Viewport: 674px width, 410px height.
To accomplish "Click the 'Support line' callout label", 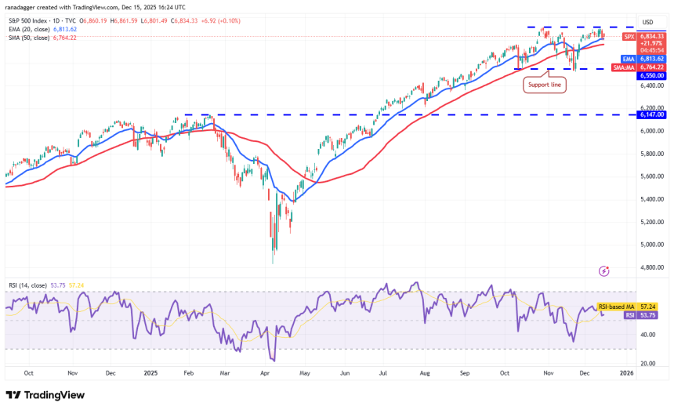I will (545, 85).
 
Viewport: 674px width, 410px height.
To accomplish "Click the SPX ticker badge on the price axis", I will (629, 37).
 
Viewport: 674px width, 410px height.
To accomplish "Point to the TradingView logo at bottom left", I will (45, 395).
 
